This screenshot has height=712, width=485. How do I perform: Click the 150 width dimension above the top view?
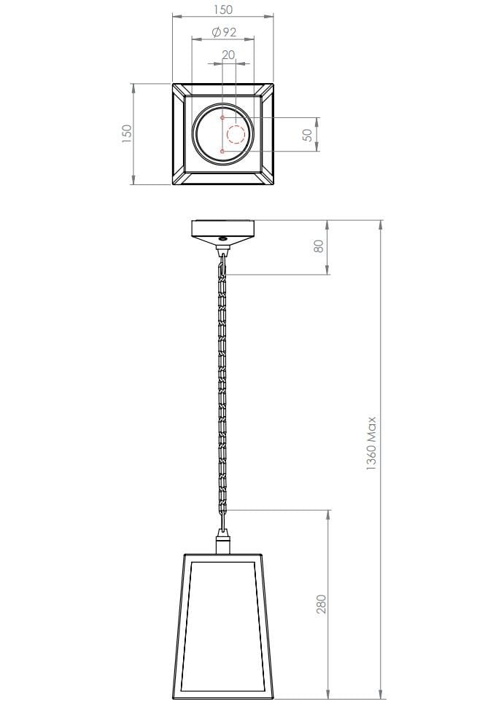pyautogui.click(x=223, y=9)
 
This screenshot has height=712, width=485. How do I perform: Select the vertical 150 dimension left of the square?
pyautogui.click(x=127, y=133)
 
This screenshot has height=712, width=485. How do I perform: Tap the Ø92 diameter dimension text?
pyautogui.click(x=223, y=33)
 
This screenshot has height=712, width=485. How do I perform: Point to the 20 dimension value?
pyautogui.click(x=228, y=55)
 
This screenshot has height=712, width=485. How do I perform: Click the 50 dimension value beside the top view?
pyautogui.click(x=307, y=135)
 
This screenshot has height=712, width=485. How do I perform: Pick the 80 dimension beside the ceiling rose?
pyautogui.click(x=318, y=246)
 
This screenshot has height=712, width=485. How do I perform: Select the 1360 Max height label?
pyautogui.click(x=371, y=444)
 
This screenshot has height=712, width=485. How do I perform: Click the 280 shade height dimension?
pyautogui.click(x=321, y=604)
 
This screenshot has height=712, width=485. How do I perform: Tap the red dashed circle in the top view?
pyautogui.click(x=236, y=135)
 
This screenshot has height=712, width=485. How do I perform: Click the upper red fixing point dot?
pyautogui.click(x=222, y=117)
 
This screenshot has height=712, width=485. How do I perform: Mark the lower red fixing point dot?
pyautogui.click(x=222, y=152)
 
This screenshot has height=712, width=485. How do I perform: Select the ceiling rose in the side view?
pyautogui.click(x=222, y=228)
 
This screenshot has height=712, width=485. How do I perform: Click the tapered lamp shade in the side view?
pyautogui.click(x=222, y=627)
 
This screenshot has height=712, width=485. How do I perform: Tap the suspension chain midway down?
pyautogui.click(x=222, y=386)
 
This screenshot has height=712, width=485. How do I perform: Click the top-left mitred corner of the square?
pyautogui.click(x=178, y=89)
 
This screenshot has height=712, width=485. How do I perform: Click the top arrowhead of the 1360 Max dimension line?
pyautogui.click(x=381, y=223)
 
